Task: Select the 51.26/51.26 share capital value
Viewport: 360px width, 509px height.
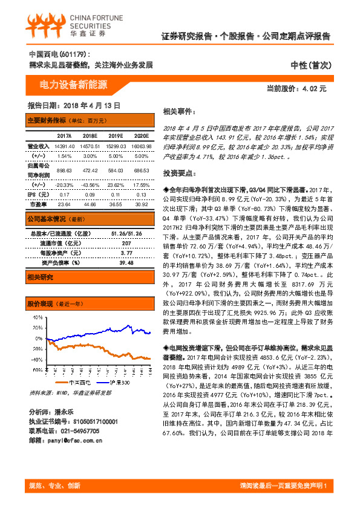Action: point(126,233)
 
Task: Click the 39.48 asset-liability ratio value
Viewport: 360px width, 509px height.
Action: point(126,262)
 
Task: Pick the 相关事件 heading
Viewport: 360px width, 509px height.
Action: point(180,112)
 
